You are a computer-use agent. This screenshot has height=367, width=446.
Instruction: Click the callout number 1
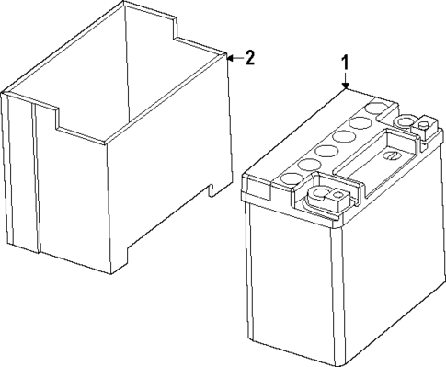coord(345,64)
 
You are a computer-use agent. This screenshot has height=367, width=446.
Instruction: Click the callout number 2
coord(249,57)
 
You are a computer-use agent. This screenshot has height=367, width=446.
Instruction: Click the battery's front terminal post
coord(323,196)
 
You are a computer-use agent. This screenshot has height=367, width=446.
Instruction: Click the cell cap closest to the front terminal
coord(293,171)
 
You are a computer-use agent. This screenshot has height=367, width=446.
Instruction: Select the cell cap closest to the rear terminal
coord(375,109)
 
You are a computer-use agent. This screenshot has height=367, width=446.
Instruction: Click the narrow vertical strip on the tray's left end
coord(35,175)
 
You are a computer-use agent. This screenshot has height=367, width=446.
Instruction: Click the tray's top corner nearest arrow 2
coord(224,56)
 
